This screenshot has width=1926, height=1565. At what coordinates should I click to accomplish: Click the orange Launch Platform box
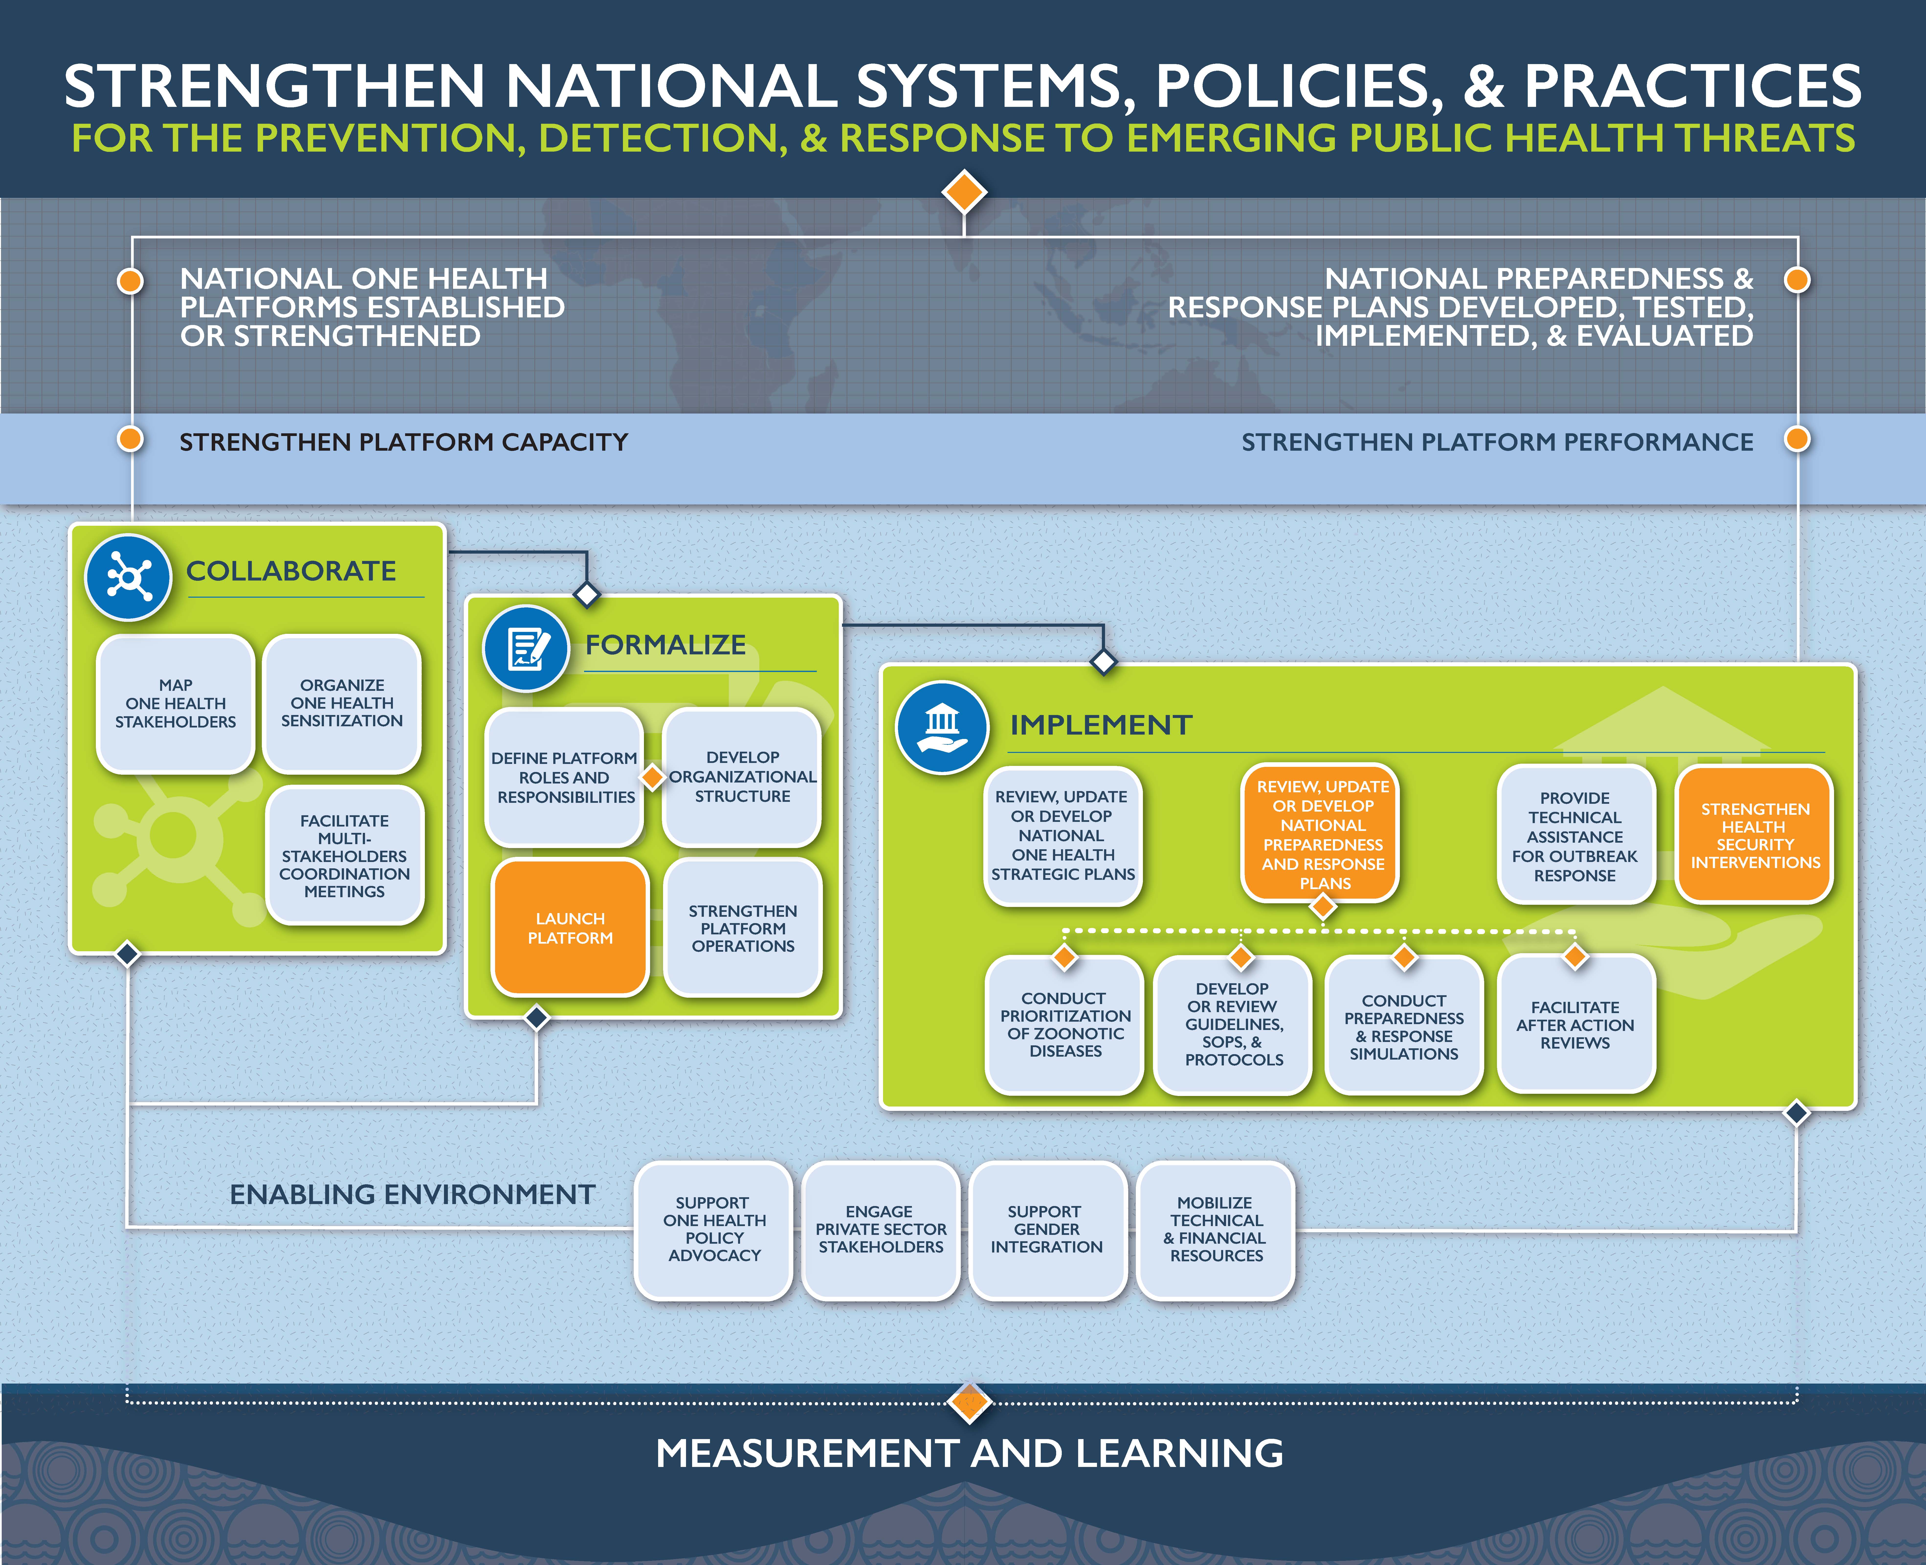570,928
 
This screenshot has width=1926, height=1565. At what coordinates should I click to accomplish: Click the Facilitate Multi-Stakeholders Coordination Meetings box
344,856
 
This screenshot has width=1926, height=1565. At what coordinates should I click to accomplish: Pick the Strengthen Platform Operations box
743,928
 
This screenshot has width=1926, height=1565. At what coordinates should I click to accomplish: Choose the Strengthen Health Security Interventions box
1754,835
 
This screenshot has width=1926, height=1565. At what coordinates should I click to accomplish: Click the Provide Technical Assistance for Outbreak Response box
1575,835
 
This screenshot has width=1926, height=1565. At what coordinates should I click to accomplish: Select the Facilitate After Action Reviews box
1575,1024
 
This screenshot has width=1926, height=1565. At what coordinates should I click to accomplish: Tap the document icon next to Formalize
526,648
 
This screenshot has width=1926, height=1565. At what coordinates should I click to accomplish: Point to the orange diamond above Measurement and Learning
970,1402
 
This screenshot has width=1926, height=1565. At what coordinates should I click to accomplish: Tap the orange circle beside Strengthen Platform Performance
1797,439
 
